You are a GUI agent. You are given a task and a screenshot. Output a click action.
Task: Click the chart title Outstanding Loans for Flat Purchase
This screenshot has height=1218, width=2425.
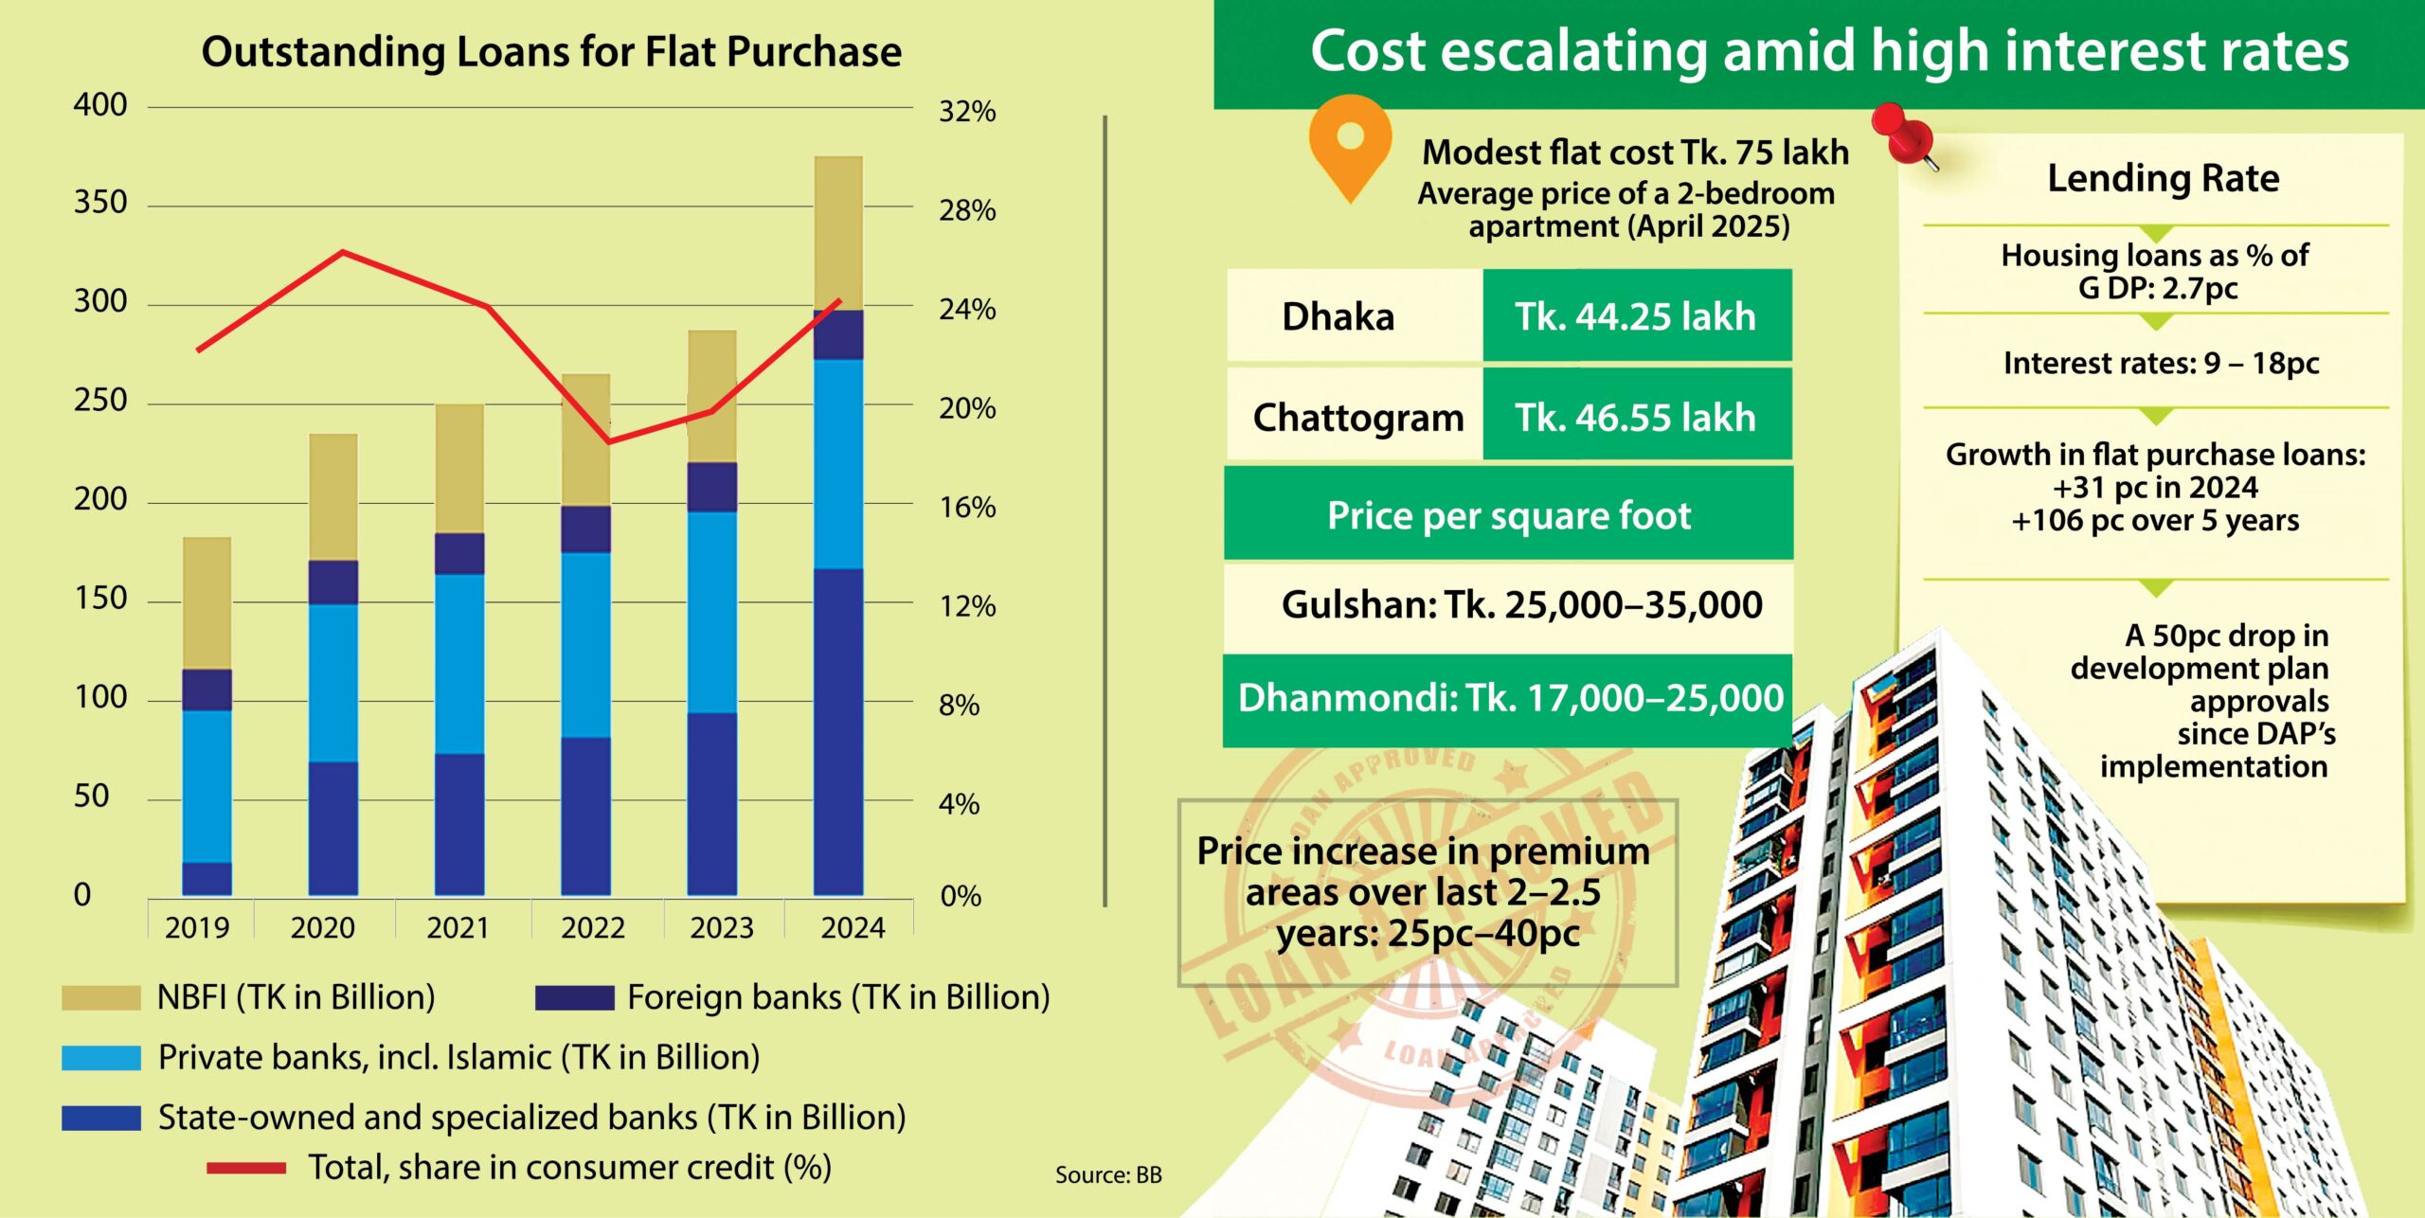coord(550,52)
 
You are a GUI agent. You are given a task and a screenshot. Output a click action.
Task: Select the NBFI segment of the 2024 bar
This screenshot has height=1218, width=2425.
coord(838,232)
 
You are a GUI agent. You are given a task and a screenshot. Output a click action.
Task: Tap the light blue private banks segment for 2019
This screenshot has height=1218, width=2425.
coord(207,786)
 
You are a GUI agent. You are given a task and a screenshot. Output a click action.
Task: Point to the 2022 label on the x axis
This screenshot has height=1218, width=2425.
coord(593,927)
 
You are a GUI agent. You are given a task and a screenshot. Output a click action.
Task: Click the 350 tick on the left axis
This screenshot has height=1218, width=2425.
coord(99,203)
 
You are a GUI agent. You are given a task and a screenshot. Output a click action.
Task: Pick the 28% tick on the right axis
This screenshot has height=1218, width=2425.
coord(967,210)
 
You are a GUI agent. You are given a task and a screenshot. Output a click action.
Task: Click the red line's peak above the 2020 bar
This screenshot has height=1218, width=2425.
coord(342,252)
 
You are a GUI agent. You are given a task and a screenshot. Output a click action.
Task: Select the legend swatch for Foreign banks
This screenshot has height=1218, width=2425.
coord(574,997)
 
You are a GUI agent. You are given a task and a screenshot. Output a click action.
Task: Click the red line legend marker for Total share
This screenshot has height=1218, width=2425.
coord(246,1168)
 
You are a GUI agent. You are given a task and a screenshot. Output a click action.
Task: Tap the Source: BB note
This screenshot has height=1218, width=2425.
coord(1108,1175)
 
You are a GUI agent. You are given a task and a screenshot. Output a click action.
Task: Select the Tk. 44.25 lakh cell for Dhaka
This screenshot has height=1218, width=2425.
coord(1636,316)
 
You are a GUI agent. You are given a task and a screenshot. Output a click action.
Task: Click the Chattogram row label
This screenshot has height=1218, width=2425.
coord(1357,417)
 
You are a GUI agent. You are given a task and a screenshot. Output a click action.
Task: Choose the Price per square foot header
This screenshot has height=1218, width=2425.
coord(1508,515)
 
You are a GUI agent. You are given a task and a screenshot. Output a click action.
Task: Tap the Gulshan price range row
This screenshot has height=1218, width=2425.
coord(1521,604)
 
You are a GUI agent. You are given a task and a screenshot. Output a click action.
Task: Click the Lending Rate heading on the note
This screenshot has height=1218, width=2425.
coord(2164,178)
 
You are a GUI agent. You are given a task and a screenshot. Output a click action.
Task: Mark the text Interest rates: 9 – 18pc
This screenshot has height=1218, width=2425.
coord(2161,363)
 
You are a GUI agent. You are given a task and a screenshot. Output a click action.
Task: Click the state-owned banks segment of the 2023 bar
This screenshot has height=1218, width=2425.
coord(712,803)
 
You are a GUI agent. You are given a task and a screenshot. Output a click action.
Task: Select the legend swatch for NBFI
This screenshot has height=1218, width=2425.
coord(100,997)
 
